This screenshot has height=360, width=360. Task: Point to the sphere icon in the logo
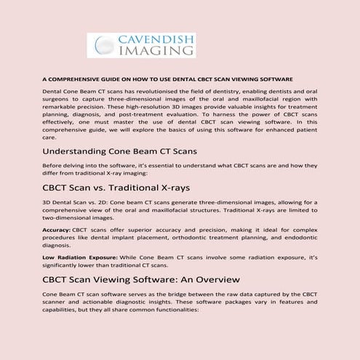[100, 46]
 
